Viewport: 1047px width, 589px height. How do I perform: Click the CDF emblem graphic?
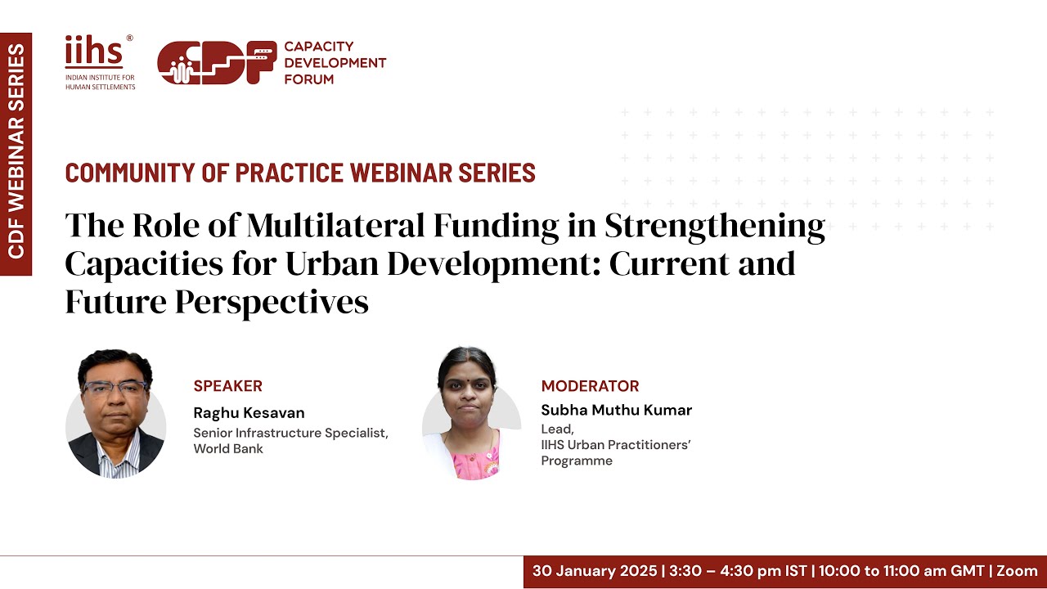(x=217, y=63)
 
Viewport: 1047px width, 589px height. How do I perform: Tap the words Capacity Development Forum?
(x=335, y=63)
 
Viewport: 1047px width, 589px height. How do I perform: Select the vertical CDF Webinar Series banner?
(x=16, y=154)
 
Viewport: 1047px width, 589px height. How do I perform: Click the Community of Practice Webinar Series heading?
(x=300, y=173)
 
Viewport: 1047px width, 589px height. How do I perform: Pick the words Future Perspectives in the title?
(x=217, y=302)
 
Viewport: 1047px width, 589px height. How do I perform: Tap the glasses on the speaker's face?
(x=115, y=388)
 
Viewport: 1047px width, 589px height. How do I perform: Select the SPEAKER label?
(x=227, y=386)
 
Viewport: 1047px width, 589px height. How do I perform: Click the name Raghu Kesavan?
(x=249, y=412)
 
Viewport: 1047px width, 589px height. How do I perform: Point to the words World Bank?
(x=228, y=448)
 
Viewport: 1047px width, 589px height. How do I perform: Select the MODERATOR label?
(x=590, y=386)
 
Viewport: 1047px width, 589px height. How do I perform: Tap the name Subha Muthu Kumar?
(x=616, y=410)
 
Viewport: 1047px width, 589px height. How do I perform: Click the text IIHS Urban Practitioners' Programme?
(x=616, y=452)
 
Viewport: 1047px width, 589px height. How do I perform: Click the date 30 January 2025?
(x=595, y=571)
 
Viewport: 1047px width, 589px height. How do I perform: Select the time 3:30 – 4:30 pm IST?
(x=738, y=571)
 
